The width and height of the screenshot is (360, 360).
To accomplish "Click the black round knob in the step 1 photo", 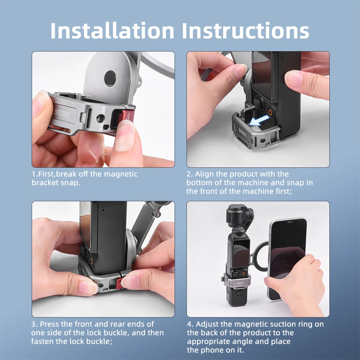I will tap(110, 78).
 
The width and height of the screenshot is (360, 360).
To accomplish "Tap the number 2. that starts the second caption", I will tap(190, 174).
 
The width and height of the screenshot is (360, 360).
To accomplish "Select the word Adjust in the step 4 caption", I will tap(209, 324).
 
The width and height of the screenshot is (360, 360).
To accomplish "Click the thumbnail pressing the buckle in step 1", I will tap(125, 137).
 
